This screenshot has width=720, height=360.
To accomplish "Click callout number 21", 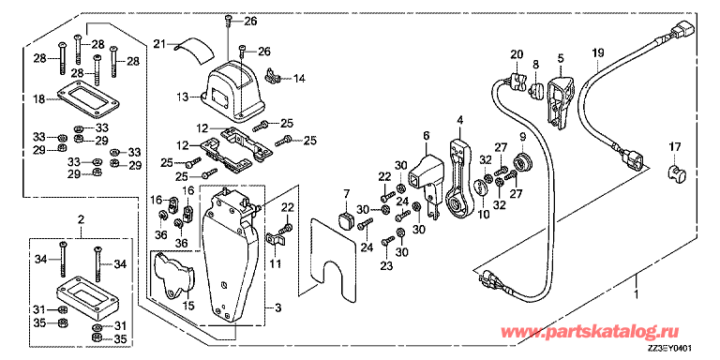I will [x=159, y=44].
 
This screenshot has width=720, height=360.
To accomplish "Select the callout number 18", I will [x=38, y=98].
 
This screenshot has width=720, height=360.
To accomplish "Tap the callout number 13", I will [x=185, y=96].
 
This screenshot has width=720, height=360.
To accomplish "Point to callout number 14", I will [x=299, y=79].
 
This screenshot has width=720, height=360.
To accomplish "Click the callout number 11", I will [x=276, y=266].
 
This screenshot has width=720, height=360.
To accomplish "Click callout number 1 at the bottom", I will [x=637, y=294].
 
